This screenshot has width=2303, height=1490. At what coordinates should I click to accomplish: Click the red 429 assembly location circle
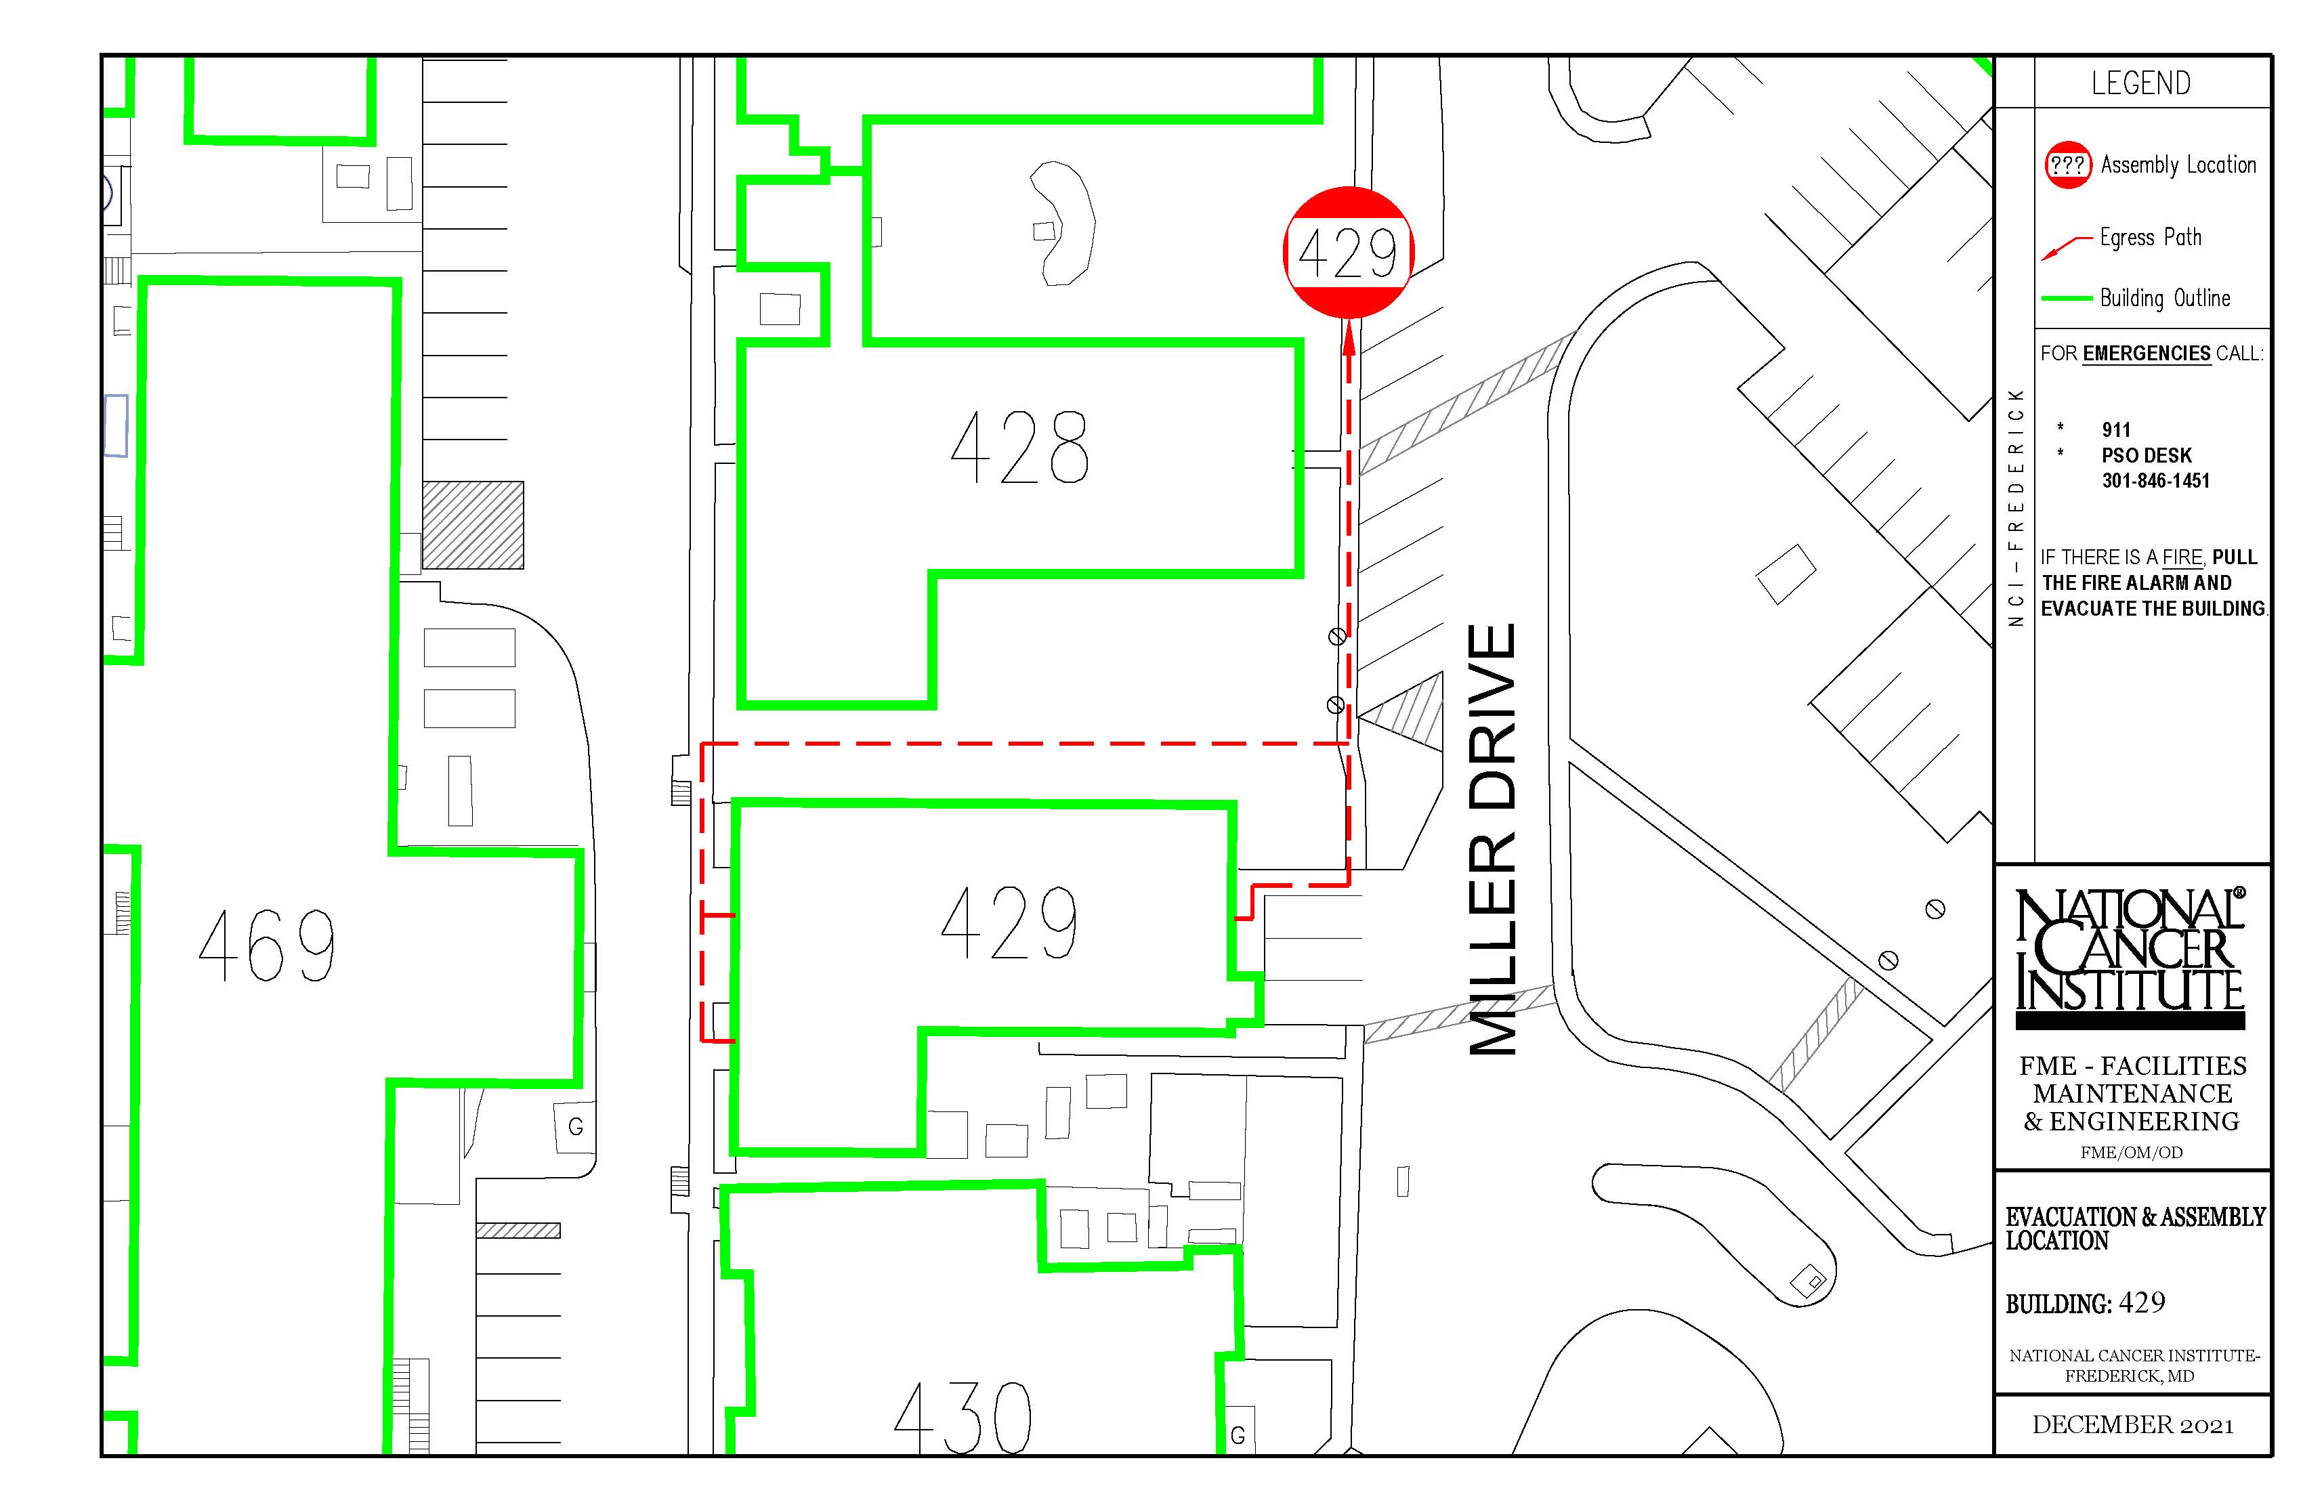point(1348,253)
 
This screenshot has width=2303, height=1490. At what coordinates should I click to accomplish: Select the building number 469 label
point(267,945)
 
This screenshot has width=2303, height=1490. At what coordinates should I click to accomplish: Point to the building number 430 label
point(963,1418)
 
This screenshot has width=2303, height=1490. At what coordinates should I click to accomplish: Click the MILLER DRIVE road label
point(1492,839)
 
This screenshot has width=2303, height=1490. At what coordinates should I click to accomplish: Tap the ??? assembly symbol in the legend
point(2068,165)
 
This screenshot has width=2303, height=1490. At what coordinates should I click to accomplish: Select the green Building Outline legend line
point(2067,299)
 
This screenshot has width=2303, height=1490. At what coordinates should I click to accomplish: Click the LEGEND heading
point(2140,83)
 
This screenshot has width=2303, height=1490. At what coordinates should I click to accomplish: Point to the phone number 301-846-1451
point(2156,481)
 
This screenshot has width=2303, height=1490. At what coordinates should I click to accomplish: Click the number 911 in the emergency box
point(2116,429)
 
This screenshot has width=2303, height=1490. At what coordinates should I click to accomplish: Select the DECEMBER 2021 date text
point(2133,1425)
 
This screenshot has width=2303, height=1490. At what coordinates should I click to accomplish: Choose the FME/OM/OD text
point(2132,1152)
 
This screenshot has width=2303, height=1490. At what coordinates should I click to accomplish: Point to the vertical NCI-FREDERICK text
point(2016,507)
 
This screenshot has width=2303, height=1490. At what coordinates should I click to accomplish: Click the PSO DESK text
point(2147,456)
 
